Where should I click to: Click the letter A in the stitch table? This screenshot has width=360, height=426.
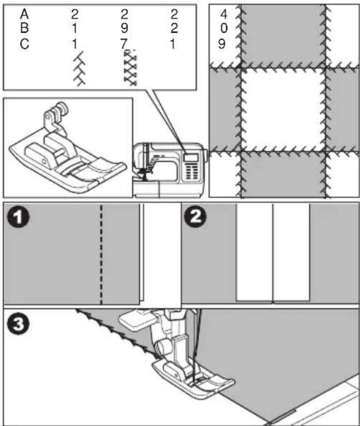[x=24, y=14]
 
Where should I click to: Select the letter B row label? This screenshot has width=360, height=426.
[x=24, y=28]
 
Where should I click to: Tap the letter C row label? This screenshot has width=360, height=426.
[x=24, y=44]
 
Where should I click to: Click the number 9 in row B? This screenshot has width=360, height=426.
[x=124, y=28]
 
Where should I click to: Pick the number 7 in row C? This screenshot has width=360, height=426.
[x=124, y=44]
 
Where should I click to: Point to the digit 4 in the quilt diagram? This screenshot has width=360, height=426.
[x=224, y=14]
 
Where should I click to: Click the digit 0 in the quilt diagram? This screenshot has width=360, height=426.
[x=224, y=28]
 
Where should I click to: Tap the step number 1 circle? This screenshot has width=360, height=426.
[x=18, y=218]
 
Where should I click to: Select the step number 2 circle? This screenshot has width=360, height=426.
[x=195, y=216]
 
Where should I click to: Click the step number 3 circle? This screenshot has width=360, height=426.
[x=18, y=324]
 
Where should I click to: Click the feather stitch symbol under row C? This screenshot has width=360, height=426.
[x=79, y=69]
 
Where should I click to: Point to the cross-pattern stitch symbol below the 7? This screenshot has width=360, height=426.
[x=130, y=68]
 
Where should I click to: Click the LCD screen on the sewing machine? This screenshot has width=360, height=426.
[x=190, y=157]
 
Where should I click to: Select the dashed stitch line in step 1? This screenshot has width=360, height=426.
[x=101, y=254]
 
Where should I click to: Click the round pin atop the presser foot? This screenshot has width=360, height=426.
[x=62, y=107]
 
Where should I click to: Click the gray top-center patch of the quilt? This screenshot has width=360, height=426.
[x=283, y=35]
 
